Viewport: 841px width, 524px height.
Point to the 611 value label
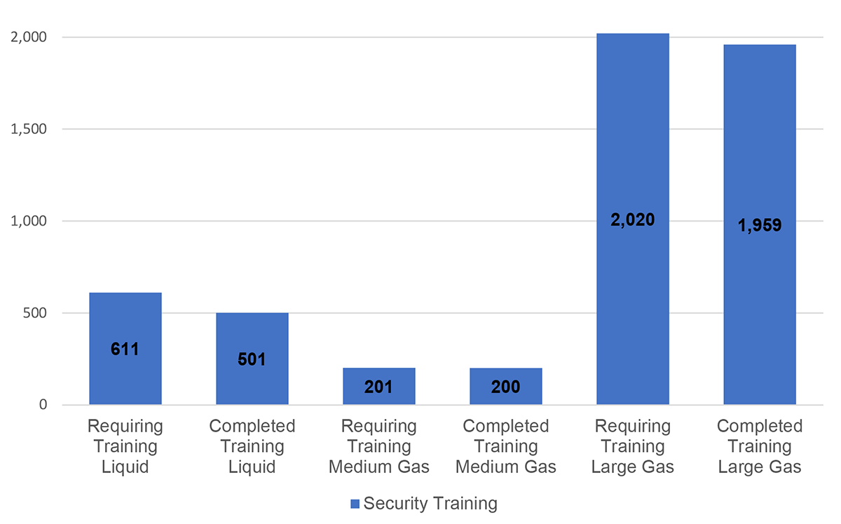point(125,348)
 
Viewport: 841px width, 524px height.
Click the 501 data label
point(252,359)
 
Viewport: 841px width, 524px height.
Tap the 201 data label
point(379,387)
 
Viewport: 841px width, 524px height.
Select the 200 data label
point(505,387)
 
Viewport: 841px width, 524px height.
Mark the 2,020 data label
point(632,220)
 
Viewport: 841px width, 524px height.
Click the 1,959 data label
point(759,226)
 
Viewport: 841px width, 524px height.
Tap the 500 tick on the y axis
point(34,313)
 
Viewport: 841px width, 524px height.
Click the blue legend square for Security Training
point(355,504)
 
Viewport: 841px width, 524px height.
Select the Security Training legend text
point(430,503)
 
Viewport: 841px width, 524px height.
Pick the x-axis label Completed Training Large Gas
point(759,446)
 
